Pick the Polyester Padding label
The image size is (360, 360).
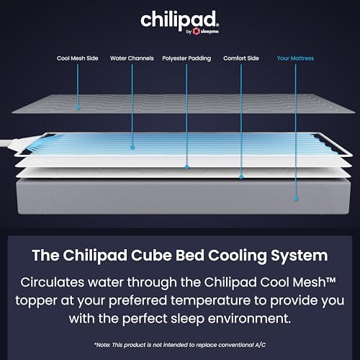186,58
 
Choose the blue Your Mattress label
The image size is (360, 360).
295,58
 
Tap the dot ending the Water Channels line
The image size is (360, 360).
131,148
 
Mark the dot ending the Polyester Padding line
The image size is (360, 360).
186,168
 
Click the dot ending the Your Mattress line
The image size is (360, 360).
295,196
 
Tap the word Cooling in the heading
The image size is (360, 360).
239,256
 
